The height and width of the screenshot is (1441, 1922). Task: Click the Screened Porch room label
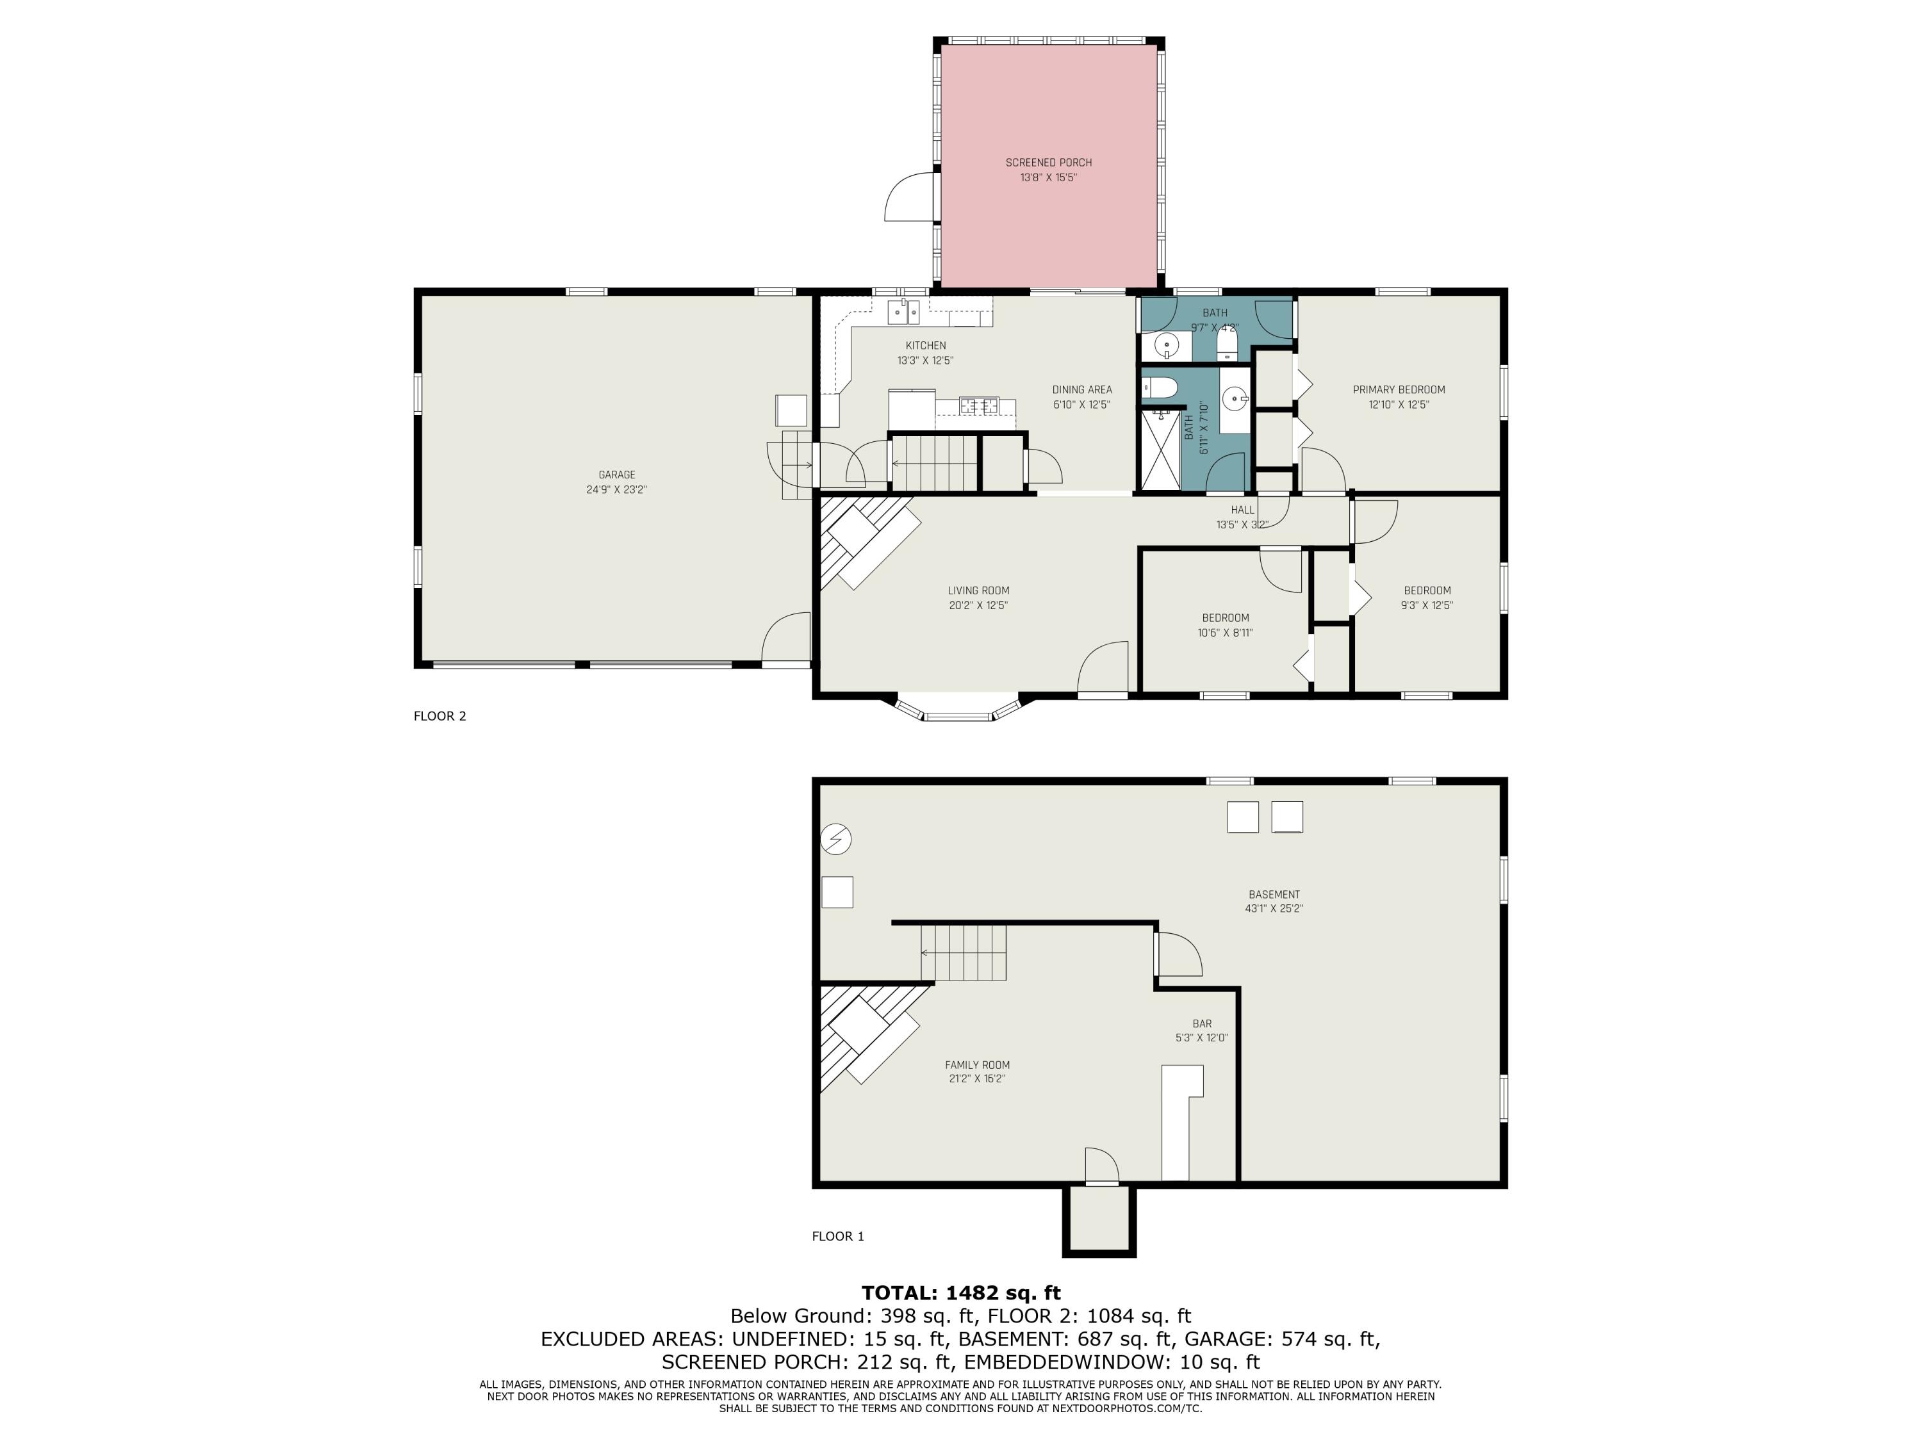[1049, 163]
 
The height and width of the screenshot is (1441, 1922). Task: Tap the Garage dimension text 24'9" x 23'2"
[616, 490]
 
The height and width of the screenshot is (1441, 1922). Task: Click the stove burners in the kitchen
[979, 405]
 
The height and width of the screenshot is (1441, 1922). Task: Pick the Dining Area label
[1082, 390]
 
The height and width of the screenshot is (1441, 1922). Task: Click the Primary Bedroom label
[1399, 390]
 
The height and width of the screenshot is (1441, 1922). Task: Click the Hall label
[1242, 510]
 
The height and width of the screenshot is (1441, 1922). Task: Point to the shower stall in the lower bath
[1160, 451]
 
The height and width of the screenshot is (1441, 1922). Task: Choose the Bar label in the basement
[1202, 1024]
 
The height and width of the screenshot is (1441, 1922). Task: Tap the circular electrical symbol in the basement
[836, 839]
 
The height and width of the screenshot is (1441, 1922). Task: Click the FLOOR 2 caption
[439, 716]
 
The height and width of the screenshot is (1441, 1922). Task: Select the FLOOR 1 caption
[837, 1236]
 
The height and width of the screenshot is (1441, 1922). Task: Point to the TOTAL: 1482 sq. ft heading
[961, 1293]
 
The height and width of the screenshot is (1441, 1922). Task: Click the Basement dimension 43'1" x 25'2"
[1274, 909]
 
